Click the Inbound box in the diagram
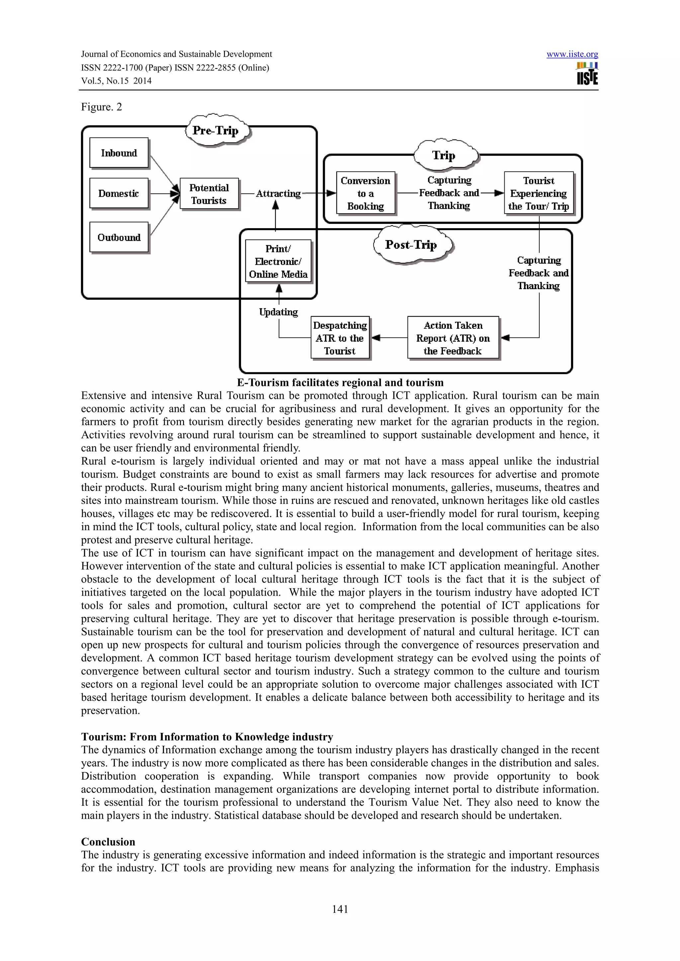[119, 153]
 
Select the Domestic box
[119, 193]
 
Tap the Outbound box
[119, 237]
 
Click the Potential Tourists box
[209, 194]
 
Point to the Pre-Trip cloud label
[216, 131]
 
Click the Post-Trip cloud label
[411, 245]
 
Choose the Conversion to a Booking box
[365, 193]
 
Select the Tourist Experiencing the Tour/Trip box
[538, 193]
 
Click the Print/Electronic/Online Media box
[278, 262]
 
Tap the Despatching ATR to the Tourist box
[340, 338]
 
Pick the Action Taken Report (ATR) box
[453, 338]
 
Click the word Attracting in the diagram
[278, 193]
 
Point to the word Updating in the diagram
[278, 312]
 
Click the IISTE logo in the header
[587, 74]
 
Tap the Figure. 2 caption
[101, 107]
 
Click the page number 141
[340, 909]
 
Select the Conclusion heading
[108, 842]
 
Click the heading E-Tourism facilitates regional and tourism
[340, 383]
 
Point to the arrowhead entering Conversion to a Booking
[332, 193]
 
